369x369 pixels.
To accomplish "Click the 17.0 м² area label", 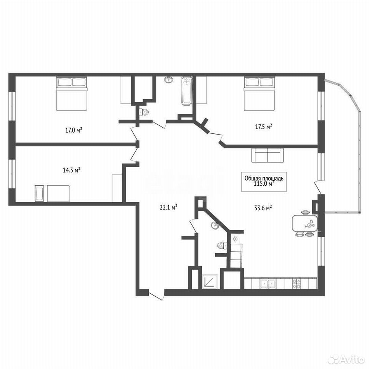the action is coord(74,130).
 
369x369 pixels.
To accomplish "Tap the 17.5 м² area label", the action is coord(264,126).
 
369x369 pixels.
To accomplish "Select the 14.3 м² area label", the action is coord(71,170).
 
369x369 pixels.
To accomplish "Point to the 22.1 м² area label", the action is coord(168,207).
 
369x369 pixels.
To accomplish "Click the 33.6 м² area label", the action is coord(263,208).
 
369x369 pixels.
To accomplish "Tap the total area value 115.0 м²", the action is coord(264,184).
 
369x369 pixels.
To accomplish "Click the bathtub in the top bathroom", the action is coord(187,91).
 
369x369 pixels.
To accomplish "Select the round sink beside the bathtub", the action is coord(168,80).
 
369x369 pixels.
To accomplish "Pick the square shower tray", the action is coord(210,281).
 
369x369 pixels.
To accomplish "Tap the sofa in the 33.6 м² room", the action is coord(268,155).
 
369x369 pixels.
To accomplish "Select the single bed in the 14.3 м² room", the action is coord(52,193).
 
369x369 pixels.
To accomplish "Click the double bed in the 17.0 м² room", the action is coord(72,94).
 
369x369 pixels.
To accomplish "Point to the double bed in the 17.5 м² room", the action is coord(259,94).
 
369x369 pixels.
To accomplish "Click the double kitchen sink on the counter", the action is coord(268,284).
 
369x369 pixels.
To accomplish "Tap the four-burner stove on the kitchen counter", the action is coord(296,284).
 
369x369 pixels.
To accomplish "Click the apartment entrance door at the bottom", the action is coord(156,295).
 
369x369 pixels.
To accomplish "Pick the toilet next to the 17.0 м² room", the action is coord(144,112).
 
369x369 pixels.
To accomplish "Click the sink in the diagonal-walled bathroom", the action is coord(214,226).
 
